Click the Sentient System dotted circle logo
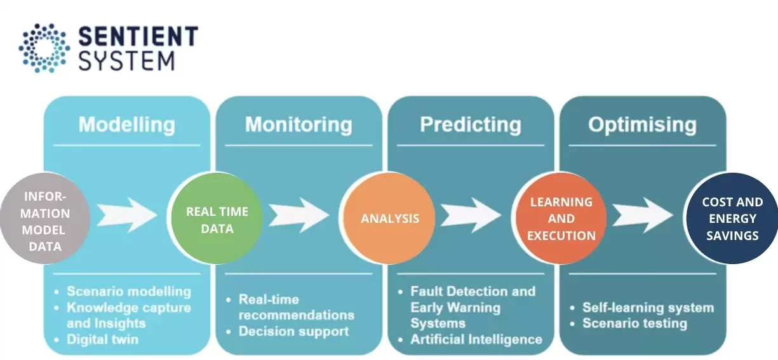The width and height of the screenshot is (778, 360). coord(44,48)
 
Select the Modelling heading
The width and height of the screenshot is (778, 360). coord(126,124)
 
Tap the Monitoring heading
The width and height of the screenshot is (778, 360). coord(298,124)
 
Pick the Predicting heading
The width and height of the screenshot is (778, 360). coord(470,124)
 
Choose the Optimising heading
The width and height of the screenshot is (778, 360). coord(642,124)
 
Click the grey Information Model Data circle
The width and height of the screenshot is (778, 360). coord(44,219)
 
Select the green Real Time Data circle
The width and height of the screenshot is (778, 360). coord(217,219)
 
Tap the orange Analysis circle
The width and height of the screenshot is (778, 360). coord(389,218)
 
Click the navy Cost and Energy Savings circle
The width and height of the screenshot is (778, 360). coord(732,218)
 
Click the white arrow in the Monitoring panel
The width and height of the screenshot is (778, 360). coord(299,214)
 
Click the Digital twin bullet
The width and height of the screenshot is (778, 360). coord(102,339)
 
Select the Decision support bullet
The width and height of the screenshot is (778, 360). coord(293,331)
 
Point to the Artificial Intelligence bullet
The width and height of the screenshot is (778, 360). coord(476,339)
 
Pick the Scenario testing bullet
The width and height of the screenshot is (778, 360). coord(634,323)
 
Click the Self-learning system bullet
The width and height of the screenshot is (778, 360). coord(648,307)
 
